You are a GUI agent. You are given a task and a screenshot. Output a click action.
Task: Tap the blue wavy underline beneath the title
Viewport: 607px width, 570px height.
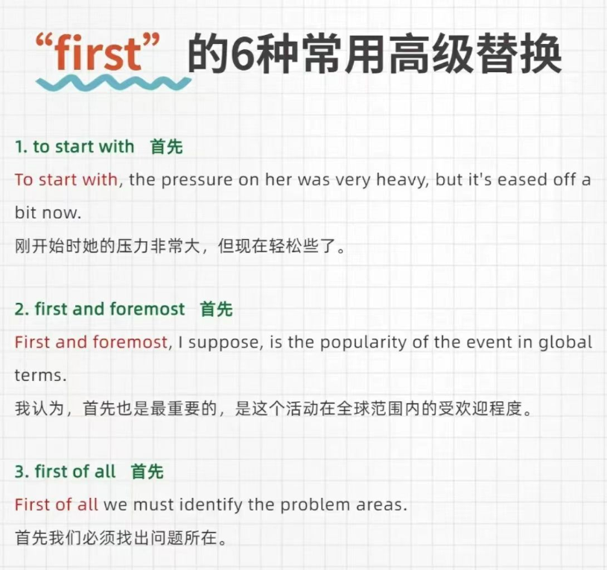(x=113, y=83)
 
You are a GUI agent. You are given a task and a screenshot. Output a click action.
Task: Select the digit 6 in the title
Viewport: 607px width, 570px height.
(x=241, y=54)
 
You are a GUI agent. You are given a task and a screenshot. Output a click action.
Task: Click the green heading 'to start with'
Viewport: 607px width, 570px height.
(x=83, y=147)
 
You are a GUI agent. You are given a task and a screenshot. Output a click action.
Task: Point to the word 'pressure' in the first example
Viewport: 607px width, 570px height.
(x=197, y=181)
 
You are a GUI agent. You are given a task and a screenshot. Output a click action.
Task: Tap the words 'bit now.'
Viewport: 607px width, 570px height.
(x=48, y=213)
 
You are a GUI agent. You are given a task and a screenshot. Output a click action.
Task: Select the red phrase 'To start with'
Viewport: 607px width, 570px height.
(x=66, y=180)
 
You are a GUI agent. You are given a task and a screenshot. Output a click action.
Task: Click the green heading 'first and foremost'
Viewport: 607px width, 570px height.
(x=110, y=310)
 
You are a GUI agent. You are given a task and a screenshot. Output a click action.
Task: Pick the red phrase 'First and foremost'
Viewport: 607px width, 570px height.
(x=91, y=342)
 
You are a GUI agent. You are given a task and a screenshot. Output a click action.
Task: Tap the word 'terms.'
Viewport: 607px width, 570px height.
(x=41, y=376)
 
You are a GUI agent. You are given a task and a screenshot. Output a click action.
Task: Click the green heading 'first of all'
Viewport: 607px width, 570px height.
(x=75, y=472)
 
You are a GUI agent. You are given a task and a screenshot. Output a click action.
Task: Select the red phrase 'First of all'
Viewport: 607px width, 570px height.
(x=56, y=505)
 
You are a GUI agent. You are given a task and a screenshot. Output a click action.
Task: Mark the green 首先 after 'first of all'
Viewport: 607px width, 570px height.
(x=147, y=472)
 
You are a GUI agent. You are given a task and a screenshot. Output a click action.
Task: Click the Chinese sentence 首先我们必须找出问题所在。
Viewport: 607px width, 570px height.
(x=121, y=538)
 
